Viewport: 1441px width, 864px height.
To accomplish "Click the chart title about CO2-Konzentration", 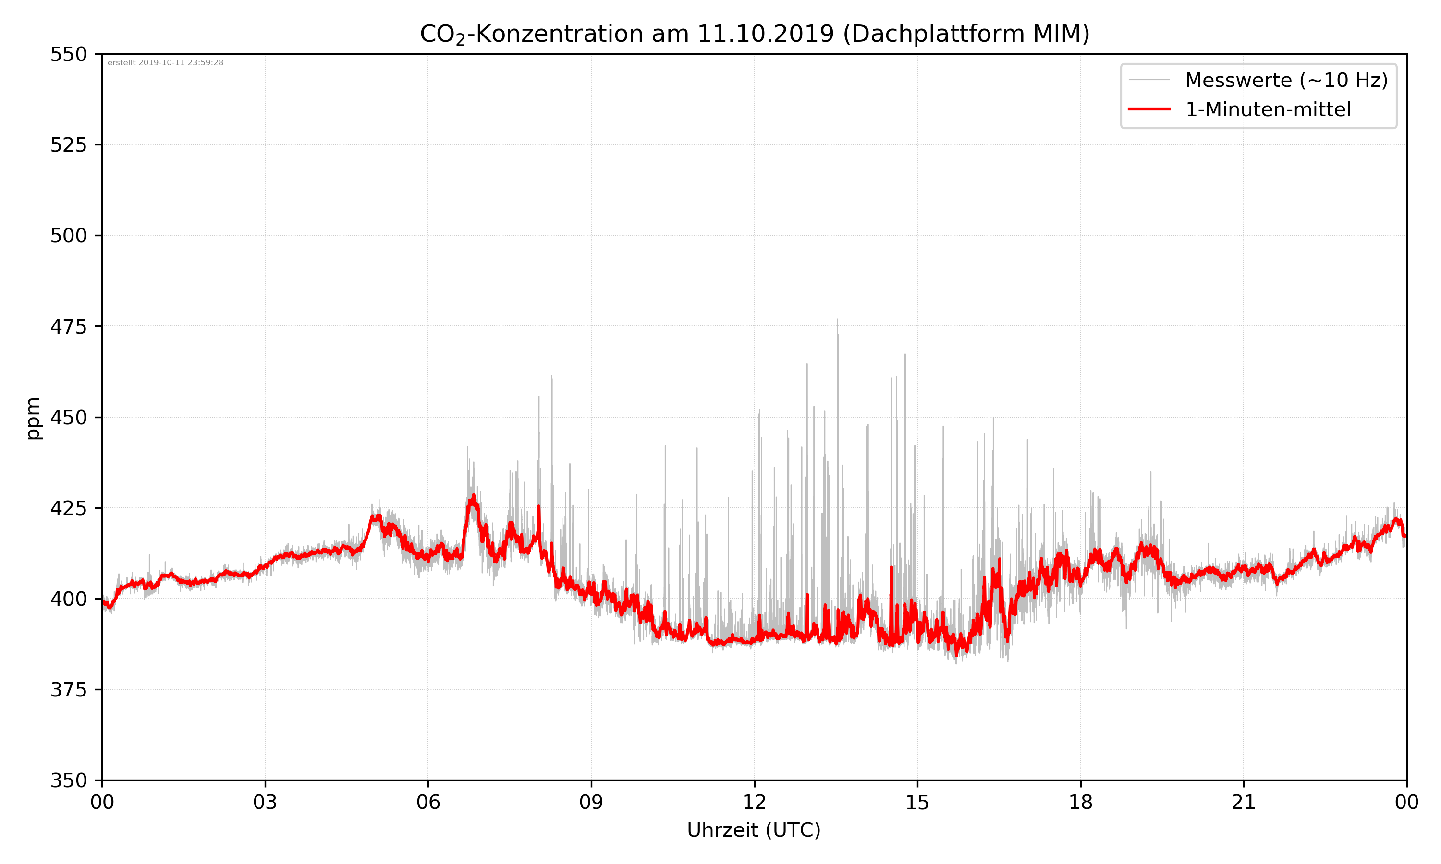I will pyautogui.click(x=754, y=34).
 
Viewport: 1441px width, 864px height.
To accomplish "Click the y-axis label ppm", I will pyautogui.click(x=33, y=418).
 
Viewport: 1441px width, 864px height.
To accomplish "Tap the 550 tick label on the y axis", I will pyautogui.click(x=68, y=55).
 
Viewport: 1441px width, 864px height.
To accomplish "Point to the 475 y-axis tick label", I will pyautogui.click(x=68, y=326).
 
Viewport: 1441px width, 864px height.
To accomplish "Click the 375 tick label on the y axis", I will pyautogui.click(x=68, y=690).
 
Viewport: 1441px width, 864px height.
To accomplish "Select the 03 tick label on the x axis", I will pyautogui.click(x=265, y=802).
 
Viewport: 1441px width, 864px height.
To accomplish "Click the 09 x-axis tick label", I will pyautogui.click(x=591, y=802).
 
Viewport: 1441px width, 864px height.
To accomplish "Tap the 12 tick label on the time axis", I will pyautogui.click(x=754, y=802).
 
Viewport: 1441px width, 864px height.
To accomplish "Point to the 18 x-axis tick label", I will pyautogui.click(x=1080, y=802).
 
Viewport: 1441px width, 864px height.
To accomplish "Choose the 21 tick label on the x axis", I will pyautogui.click(x=1244, y=802).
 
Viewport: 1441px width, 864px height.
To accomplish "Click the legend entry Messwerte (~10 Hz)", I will pyautogui.click(x=1286, y=80).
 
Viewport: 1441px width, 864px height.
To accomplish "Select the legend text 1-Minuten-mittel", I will pyautogui.click(x=1268, y=109).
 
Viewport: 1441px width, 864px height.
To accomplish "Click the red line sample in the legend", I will pyautogui.click(x=1148, y=109).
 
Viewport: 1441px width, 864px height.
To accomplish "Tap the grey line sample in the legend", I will pyautogui.click(x=1148, y=80).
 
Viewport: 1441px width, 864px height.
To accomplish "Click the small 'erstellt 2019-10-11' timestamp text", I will pyautogui.click(x=165, y=63).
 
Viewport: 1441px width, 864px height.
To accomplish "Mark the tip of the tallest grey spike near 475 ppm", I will pyautogui.click(x=838, y=319).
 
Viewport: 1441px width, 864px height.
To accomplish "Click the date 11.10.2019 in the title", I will pyautogui.click(x=765, y=34).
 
